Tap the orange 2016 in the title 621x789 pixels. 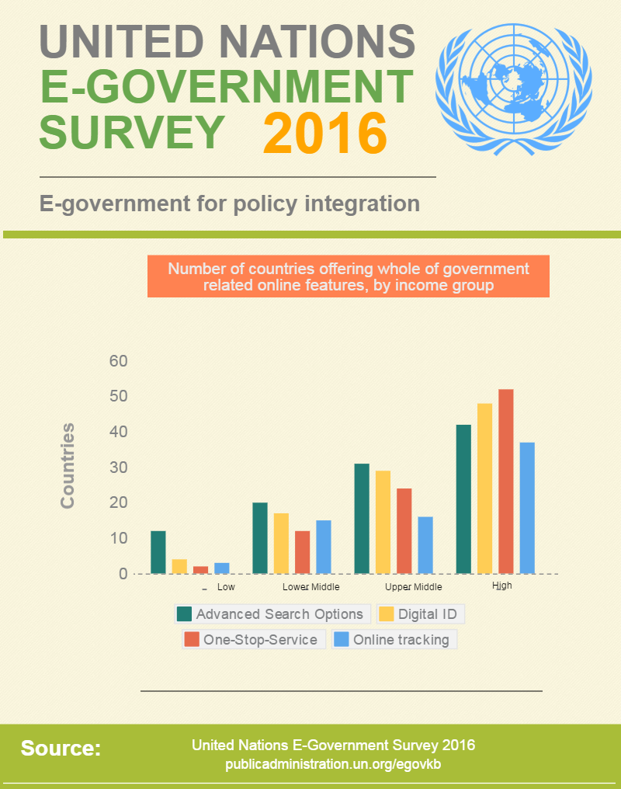[x=324, y=132]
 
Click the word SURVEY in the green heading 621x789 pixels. [x=131, y=131]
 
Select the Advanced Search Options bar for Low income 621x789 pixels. [x=158, y=552]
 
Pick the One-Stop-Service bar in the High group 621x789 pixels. [x=506, y=481]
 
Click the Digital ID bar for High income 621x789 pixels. [x=485, y=488]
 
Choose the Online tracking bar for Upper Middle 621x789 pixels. [x=425, y=545]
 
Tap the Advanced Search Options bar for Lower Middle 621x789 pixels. [x=260, y=538]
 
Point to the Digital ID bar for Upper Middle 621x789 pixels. [x=383, y=522]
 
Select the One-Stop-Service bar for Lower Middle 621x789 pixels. [x=303, y=552]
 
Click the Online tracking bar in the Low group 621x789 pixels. [x=222, y=568]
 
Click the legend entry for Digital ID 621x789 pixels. [x=421, y=614]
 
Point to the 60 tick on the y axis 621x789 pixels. [x=119, y=361]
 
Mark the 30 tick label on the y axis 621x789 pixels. [x=119, y=467]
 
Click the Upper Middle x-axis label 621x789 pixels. [x=413, y=587]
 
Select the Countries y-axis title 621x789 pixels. [x=68, y=466]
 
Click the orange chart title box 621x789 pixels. [x=349, y=277]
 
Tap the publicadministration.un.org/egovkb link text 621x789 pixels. [x=333, y=764]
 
